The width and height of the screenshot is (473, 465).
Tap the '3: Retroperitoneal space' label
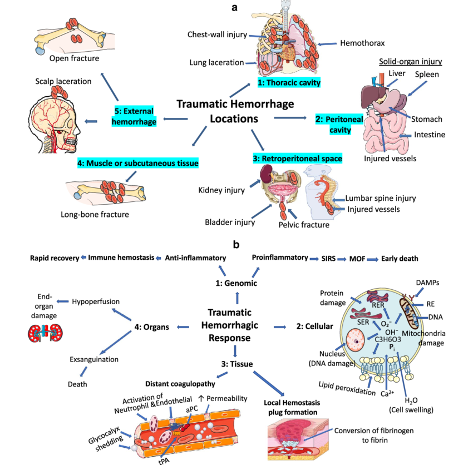(x=297, y=159)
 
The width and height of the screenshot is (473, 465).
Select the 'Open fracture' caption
(x=74, y=58)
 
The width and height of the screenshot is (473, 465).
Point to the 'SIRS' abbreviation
(x=329, y=258)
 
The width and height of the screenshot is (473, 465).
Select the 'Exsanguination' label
(x=93, y=359)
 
